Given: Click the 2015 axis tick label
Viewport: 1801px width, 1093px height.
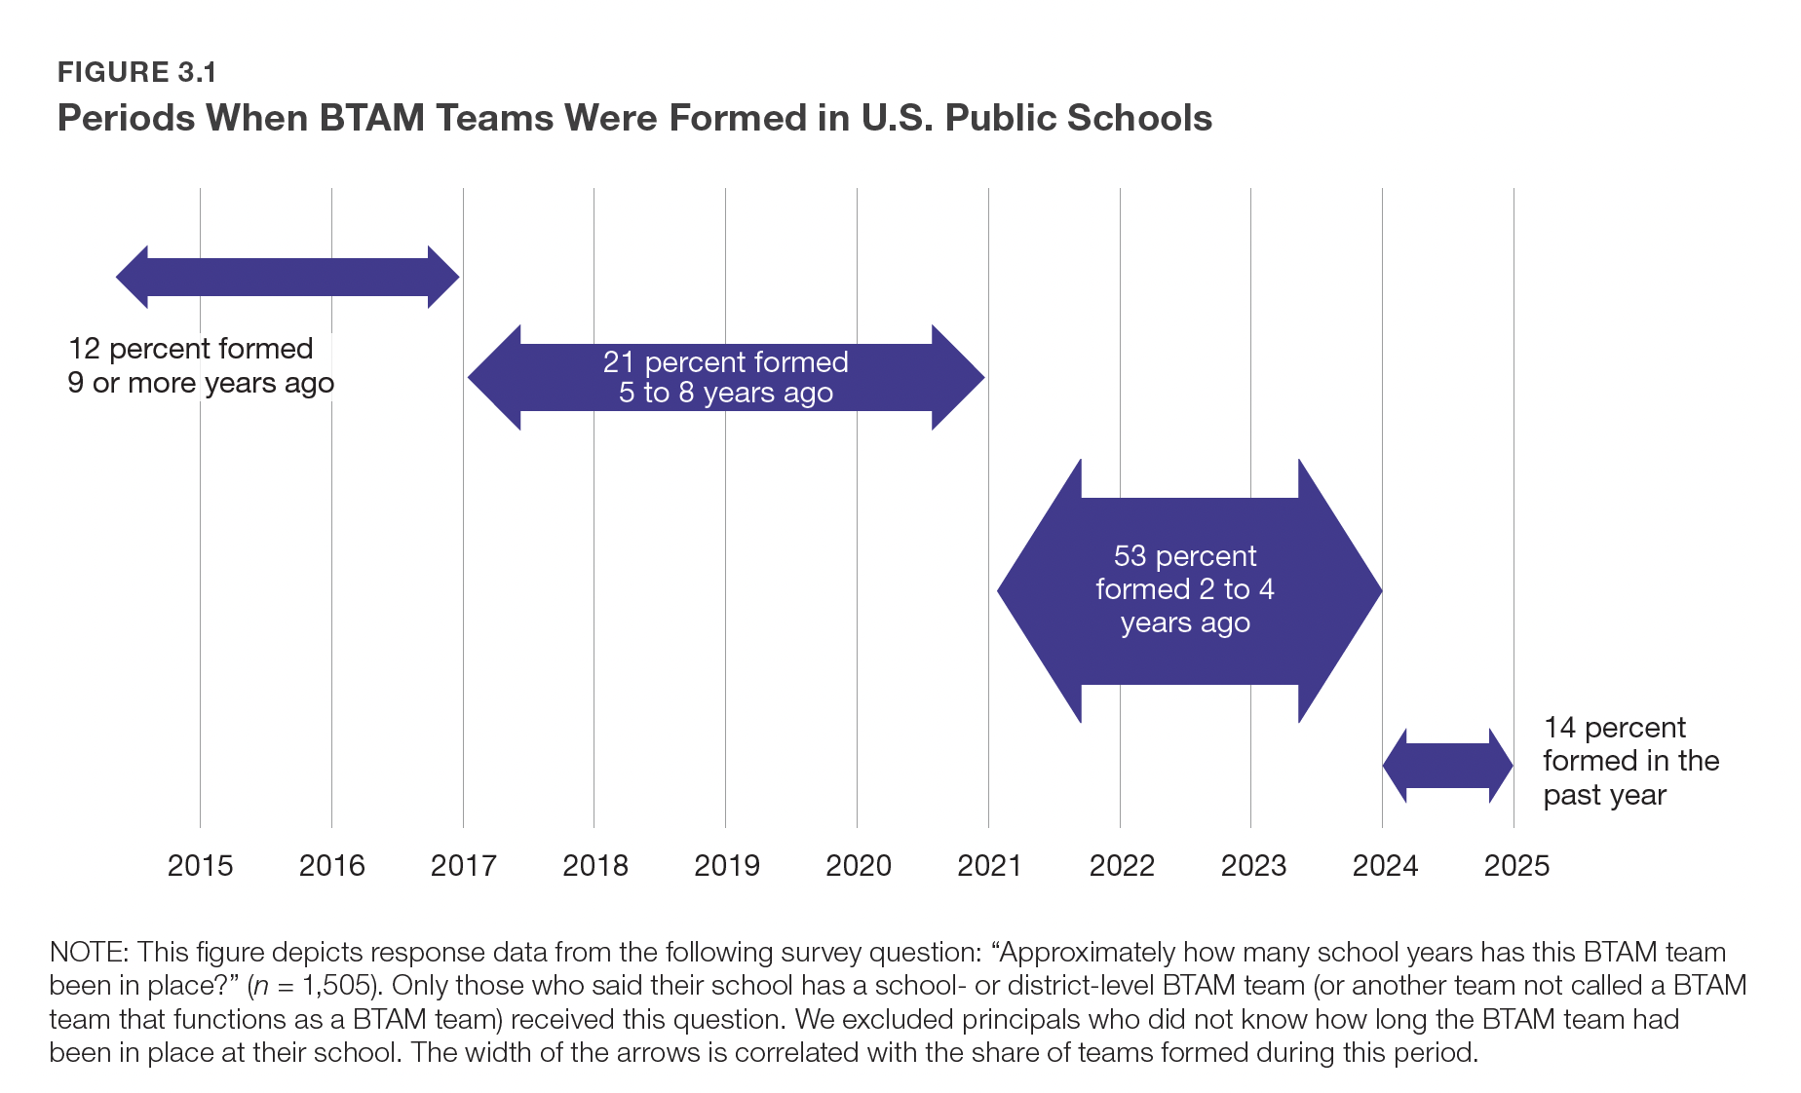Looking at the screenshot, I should point(200,865).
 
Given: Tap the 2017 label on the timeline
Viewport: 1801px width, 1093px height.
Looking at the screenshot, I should point(463,865).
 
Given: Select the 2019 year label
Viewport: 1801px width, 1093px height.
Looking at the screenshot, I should point(726,865).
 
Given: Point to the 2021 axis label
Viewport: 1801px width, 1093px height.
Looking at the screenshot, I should point(989,865).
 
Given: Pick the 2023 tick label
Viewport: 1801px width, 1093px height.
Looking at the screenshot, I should point(1253,865).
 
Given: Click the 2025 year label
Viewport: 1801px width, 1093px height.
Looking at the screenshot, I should point(1516,865).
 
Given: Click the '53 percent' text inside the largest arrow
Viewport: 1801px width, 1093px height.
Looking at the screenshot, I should point(1184,556).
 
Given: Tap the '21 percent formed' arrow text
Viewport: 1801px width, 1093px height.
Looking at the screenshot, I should point(725,362).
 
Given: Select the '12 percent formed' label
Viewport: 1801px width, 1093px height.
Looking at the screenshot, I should point(190,349).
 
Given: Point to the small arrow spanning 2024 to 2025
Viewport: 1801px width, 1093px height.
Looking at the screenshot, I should point(1447,766).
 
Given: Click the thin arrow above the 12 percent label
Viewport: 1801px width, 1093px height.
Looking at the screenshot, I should point(287,278).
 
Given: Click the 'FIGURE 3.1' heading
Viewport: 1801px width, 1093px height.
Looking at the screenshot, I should point(137,72).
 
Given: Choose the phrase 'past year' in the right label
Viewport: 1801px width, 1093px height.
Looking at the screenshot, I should point(1604,795).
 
